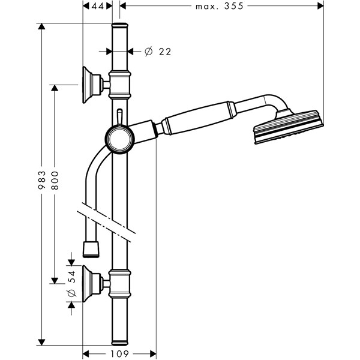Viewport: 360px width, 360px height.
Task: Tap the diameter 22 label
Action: (x=158, y=52)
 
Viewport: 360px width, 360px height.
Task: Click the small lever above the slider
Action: (x=119, y=115)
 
